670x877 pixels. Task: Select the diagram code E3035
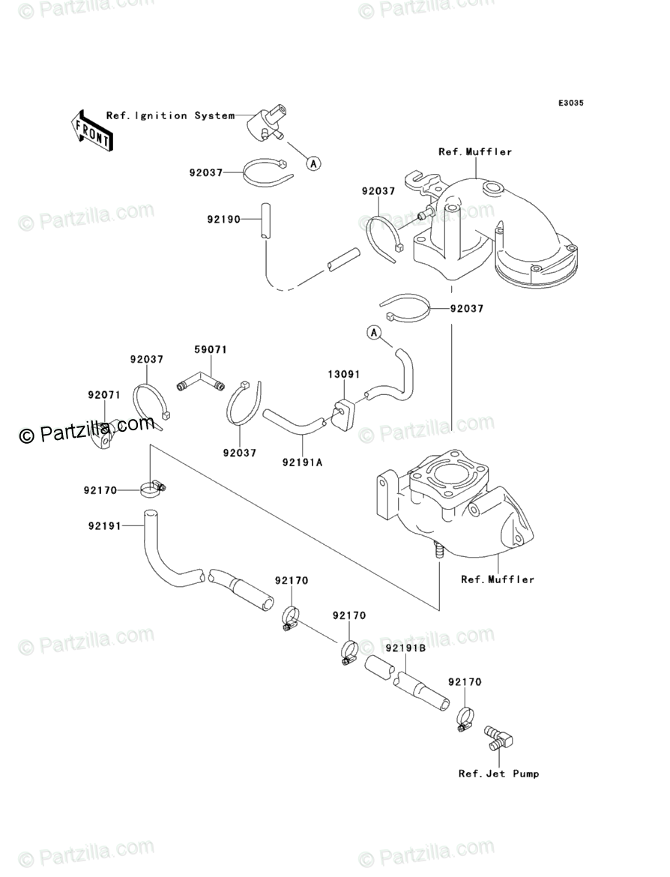coord(570,103)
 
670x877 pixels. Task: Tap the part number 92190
coord(223,220)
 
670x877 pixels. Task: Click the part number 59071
coord(211,350)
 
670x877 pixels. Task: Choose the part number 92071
coord(103,394)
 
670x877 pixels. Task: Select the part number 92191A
coord(303,462)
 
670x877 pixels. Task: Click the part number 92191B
coord(406,648)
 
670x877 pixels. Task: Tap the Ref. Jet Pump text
coord(498,774)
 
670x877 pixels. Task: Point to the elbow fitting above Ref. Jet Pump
coord(498,738)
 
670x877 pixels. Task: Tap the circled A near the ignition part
coord(313,162)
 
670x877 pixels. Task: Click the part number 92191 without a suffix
coord(103,525)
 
